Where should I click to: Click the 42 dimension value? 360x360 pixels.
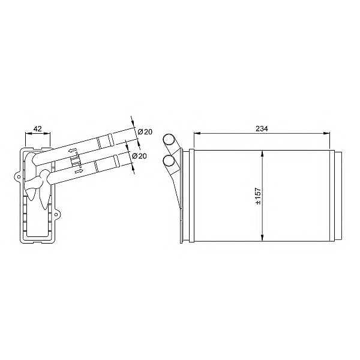[x=37, y=128]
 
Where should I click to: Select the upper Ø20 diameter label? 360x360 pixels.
[x=145, y=132]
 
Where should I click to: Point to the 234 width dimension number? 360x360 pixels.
[x=261, y=128]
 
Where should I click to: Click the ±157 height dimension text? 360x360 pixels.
[x=257, y=196]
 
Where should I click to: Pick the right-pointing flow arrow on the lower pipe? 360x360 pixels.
[x=79, y=171]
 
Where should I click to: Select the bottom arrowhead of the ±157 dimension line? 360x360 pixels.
[x=263, y=239]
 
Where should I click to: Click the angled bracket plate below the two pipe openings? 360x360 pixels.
[x=175, y=186]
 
